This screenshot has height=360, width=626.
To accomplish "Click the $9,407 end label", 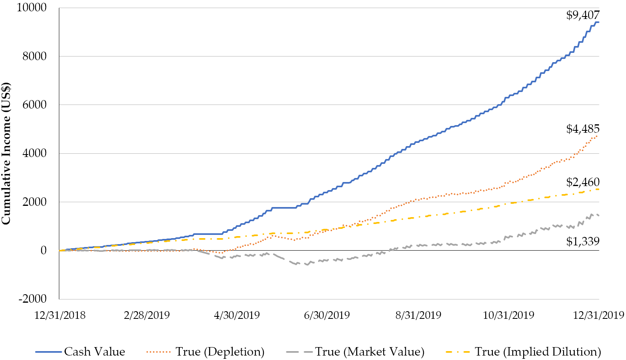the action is (583, 15).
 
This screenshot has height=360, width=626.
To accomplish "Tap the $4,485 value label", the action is (583, 129).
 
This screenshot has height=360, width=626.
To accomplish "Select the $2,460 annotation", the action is (583, 182).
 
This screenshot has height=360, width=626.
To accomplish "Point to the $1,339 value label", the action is (583, 241).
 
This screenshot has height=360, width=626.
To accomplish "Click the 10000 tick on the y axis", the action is (31, 8).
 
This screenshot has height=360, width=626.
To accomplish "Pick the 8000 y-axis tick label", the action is (34, 56).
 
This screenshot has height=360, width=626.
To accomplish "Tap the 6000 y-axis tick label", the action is (34, 105).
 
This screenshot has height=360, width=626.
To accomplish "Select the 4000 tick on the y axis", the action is (34, 153).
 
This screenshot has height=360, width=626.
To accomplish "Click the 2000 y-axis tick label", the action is (34, 202).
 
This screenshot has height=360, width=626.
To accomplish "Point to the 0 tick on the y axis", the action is (43, 250).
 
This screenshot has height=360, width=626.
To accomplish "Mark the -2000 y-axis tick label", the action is (32, 299).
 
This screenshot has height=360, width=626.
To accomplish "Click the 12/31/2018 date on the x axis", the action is (60, 315).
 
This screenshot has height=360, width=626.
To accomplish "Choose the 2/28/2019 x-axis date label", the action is (147, 315).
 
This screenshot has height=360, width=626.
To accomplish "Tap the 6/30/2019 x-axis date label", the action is (327, 315).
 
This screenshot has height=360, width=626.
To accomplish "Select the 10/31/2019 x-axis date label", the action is (509, 315).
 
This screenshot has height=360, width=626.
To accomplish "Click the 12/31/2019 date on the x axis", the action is (599, 315).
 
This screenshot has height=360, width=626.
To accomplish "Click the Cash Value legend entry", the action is (80, 352).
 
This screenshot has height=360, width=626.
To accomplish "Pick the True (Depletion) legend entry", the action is (205, 352).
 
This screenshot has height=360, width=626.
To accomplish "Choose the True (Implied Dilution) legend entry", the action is (523, 352).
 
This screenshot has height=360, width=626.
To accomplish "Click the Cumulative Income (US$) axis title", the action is (6, 153).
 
